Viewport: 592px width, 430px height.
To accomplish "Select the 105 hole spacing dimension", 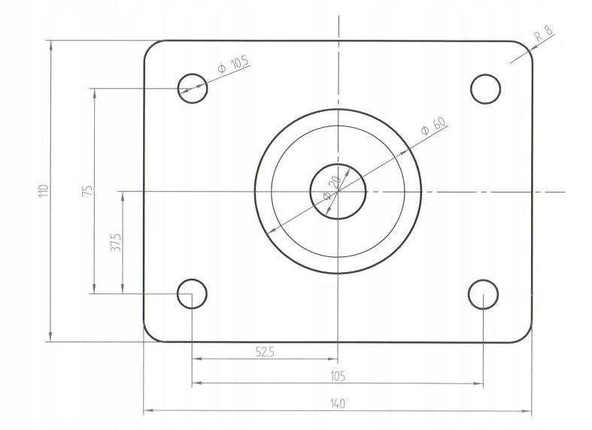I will (x=338, y=376).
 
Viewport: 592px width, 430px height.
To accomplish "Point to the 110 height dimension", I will (x=43, y=192).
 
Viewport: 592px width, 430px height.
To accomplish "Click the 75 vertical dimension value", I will (x=87, y=191).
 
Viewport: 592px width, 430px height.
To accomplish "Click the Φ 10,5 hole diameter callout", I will (x=232, y=66).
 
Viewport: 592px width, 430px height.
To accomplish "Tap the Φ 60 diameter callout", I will (x=434, y=126).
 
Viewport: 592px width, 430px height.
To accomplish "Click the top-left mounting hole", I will (x=192, y=88).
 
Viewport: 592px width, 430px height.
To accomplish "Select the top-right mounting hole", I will (x=485, y=89).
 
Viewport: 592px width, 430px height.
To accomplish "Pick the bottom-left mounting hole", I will (x=192, y=294).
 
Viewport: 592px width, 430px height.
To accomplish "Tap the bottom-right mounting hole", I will (x=482, y=295).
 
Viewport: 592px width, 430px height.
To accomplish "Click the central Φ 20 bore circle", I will (x=338, y=191).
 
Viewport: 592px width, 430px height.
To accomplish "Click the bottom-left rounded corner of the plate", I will (x=150, y=335).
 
